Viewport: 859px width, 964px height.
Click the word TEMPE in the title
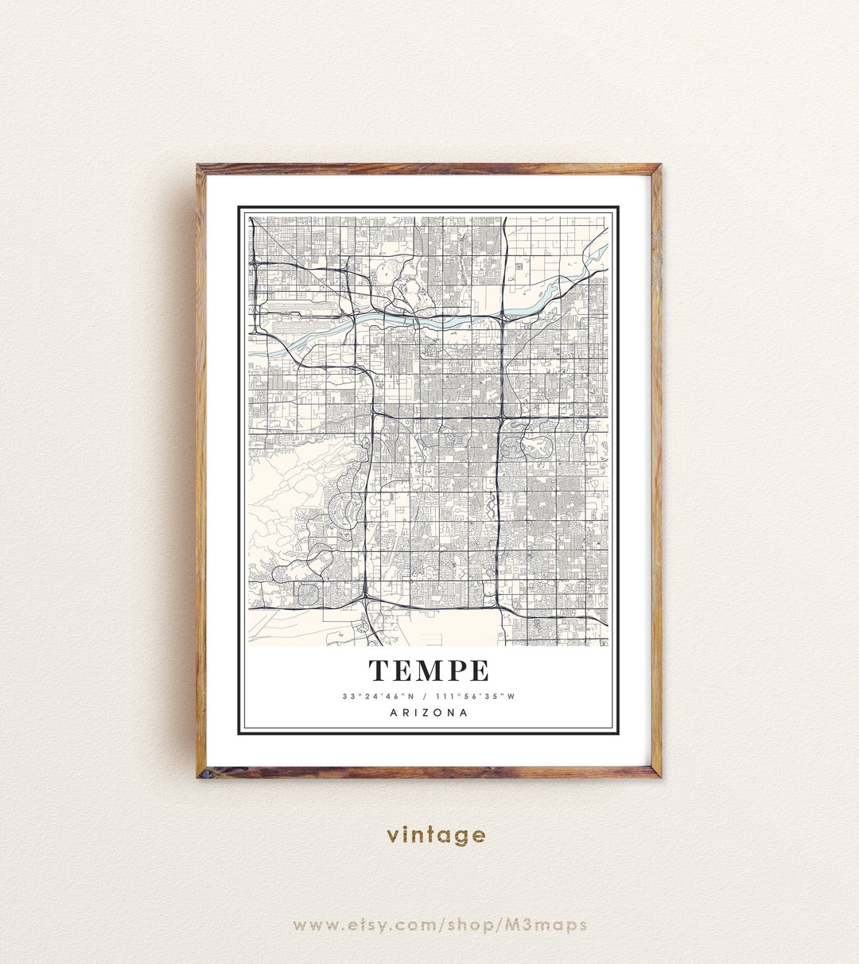pos(429,671)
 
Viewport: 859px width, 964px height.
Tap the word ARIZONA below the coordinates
pos(429,713)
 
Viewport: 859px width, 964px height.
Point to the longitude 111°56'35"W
pos(476,697)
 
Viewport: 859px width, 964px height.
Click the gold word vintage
pos(436,835)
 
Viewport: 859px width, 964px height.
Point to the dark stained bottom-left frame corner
pos(202,772)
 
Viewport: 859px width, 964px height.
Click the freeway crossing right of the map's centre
pos(501,417)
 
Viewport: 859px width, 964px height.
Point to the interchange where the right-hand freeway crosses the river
pos(503,317)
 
